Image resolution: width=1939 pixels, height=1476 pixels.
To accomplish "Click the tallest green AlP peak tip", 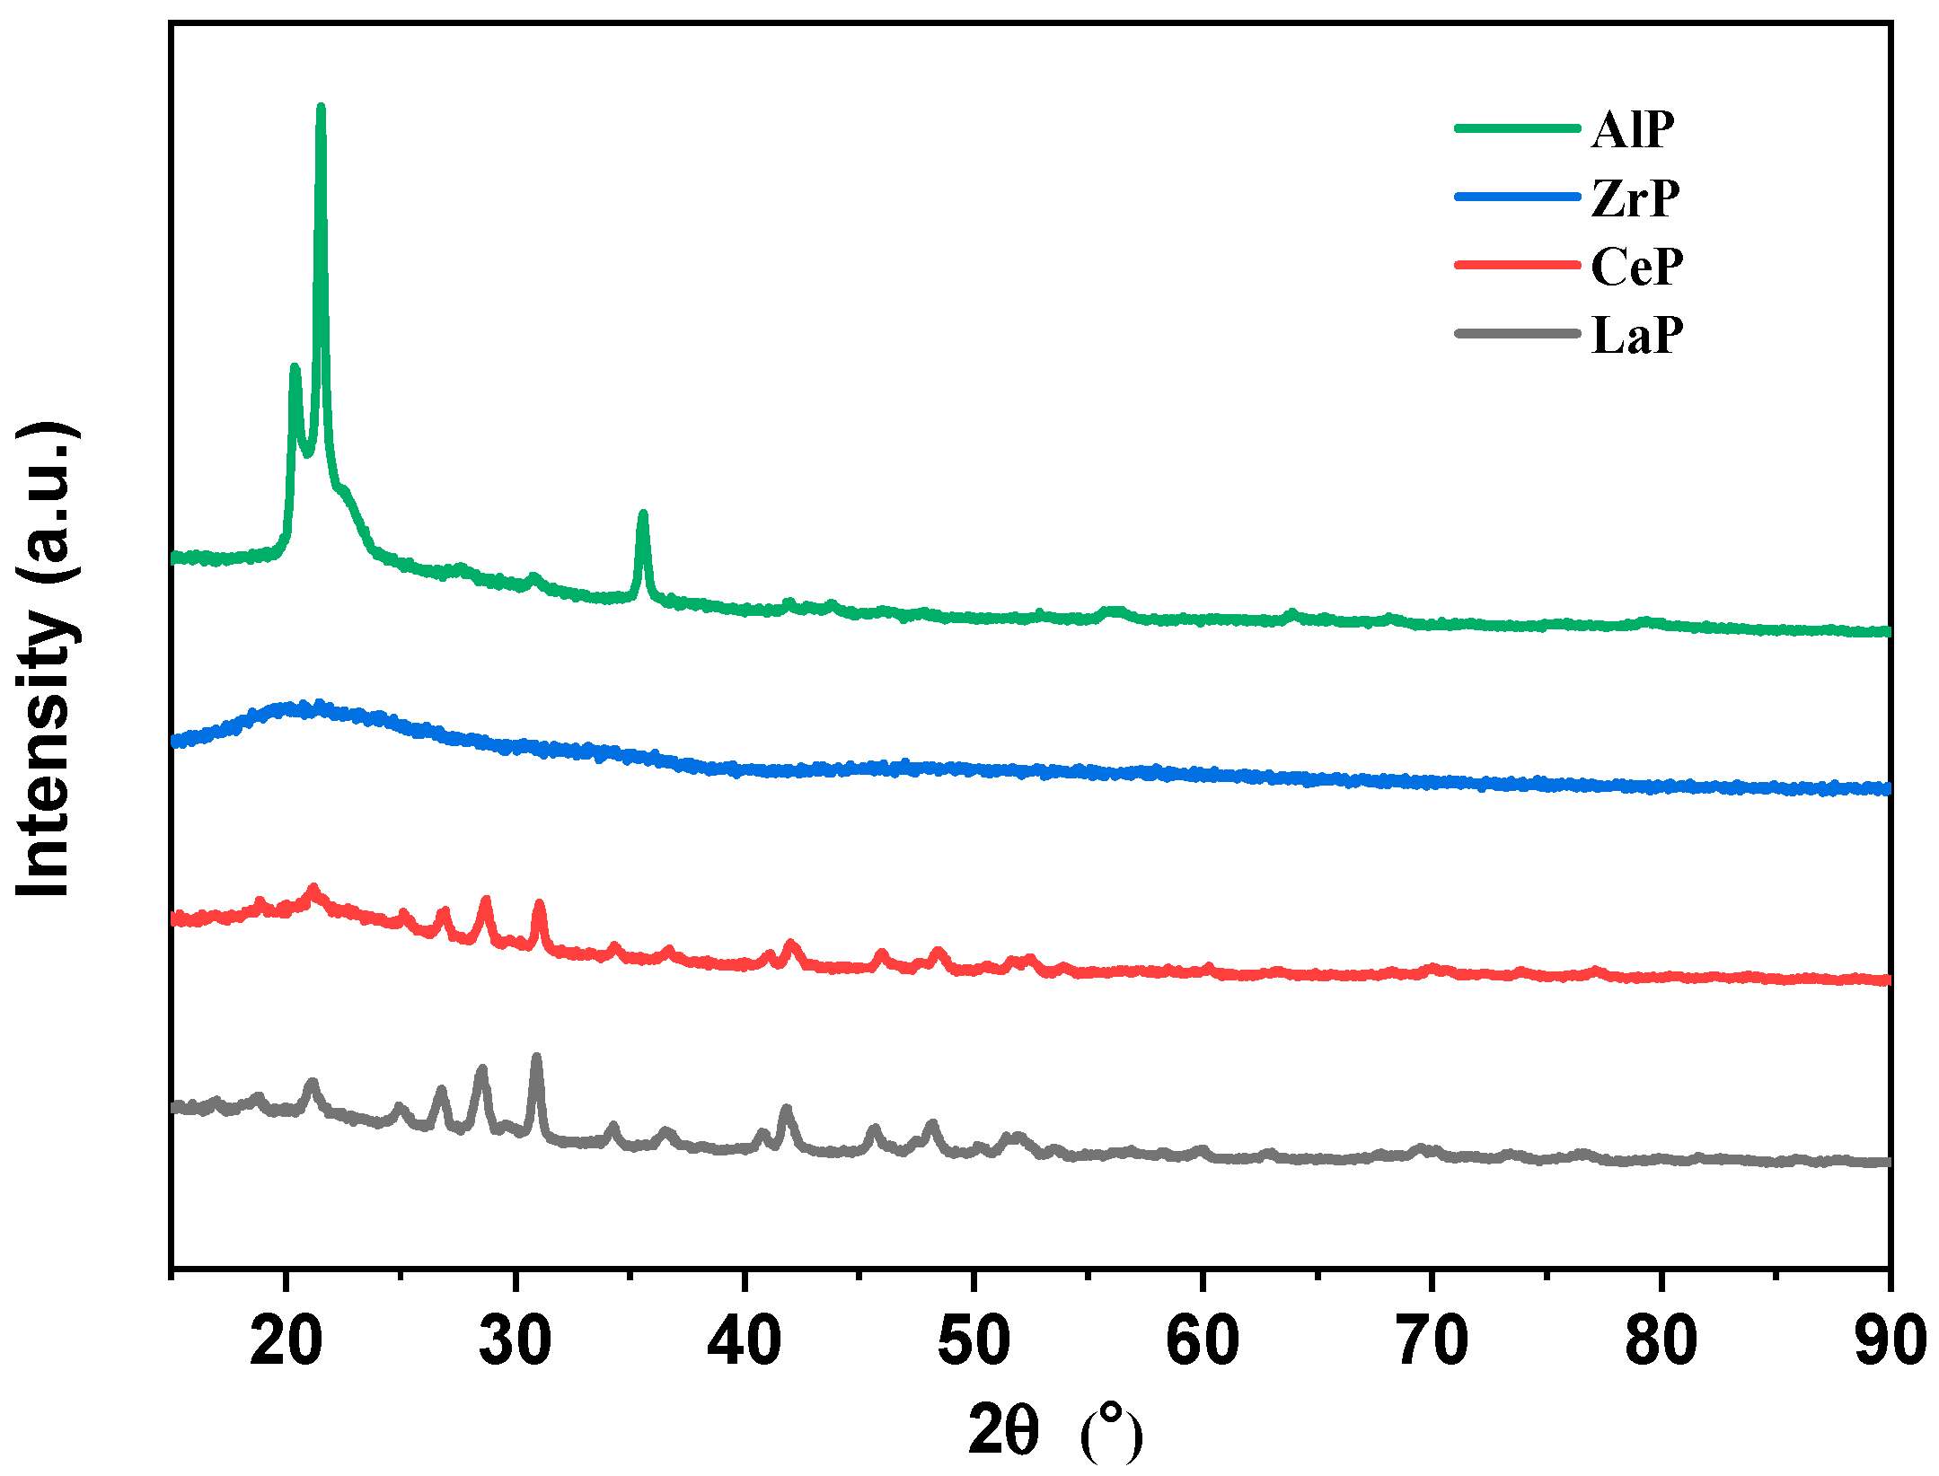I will [321, 109].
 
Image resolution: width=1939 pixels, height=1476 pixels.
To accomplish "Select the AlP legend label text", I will [1633, 130].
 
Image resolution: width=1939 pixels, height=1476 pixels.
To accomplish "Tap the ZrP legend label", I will [1635, 198].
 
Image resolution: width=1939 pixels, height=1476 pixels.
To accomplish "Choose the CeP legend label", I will [1637, 267].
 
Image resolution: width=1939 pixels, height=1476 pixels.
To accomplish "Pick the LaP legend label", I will [1637, 336].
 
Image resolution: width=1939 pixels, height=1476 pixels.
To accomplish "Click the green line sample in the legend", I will [1517, 128].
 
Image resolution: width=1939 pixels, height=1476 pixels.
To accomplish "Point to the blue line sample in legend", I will [1517, 197].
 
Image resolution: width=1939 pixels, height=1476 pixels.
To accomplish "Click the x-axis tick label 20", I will [286, 1340].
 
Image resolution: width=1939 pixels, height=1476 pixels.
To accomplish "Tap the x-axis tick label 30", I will [515, 1340].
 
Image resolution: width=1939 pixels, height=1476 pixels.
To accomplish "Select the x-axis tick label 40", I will [744, 1340].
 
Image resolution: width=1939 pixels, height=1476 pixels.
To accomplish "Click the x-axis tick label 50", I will [974, 1340].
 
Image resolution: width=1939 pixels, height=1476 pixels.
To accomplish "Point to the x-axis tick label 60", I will [1203, 1340].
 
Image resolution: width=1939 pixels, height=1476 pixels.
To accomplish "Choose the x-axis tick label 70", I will [1432, 1340].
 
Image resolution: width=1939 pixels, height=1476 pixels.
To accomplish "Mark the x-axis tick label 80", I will [1661, 1340].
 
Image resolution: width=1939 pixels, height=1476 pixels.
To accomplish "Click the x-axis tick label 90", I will [1890, 1340].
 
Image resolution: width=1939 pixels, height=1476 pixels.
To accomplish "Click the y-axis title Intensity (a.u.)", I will [45, 660].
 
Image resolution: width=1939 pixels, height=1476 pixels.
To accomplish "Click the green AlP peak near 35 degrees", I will [642, 514].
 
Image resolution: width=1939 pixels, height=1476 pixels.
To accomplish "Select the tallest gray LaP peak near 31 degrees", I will [536, 1059].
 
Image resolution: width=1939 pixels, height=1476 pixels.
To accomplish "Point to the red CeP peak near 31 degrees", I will [539, 904].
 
